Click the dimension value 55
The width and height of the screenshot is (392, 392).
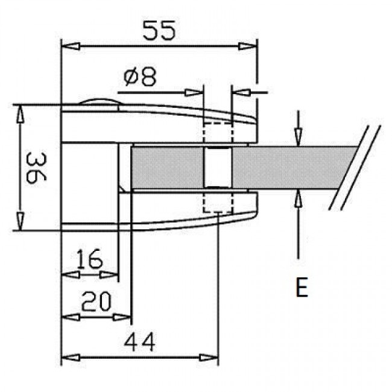click(160, 30)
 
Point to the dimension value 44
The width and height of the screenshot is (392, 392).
click(140, 342)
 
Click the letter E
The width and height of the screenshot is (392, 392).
click(302, 288)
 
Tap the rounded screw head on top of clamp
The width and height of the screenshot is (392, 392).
click(100, 103)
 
